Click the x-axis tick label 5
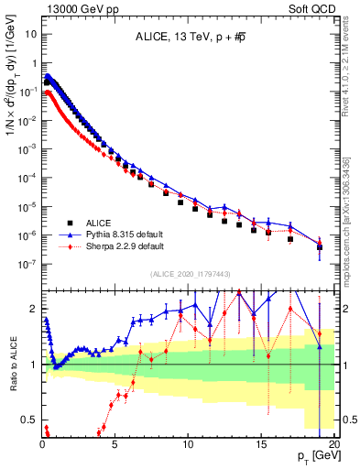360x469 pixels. [x=115, y=443]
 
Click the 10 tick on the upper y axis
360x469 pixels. [x=29, y=33]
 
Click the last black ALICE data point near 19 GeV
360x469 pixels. [x=319, y=247]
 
